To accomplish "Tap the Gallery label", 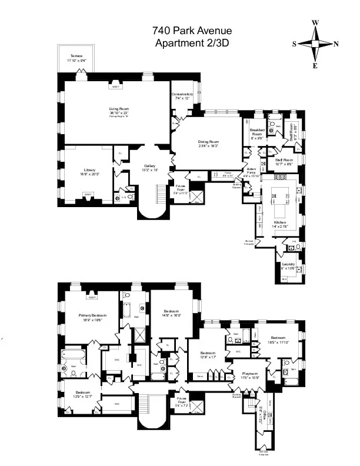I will (149, 166).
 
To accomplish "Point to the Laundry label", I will (289, 264).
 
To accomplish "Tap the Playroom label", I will (250, 373).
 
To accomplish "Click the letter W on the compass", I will (315, 22).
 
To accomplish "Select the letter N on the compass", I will (335, 44).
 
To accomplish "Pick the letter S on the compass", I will (294, 44).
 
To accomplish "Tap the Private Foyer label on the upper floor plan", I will (181, 187).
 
